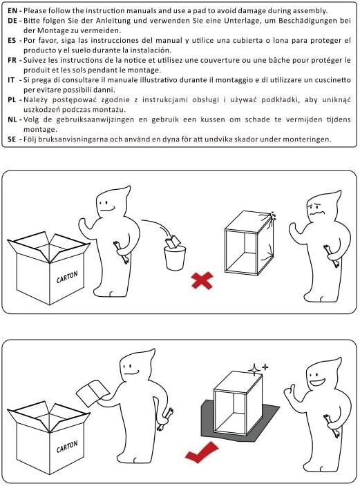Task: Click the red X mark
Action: tap(202, 280)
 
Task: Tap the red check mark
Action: tap(201, 452)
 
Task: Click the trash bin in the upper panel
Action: tap(175, 258)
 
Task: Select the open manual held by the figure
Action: tap(93, 393)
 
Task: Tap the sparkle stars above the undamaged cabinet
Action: tap(258, 369)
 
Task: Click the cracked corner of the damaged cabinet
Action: tap(271, 216)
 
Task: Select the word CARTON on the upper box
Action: tap(67, 277)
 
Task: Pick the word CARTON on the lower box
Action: tap(67, 447)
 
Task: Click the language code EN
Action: tap(12, 10)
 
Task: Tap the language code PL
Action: tap(12, 100)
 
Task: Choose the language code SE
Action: tap(12, 139)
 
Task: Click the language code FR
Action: tap(12, 60)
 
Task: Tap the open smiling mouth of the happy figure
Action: tap(317, 382)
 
